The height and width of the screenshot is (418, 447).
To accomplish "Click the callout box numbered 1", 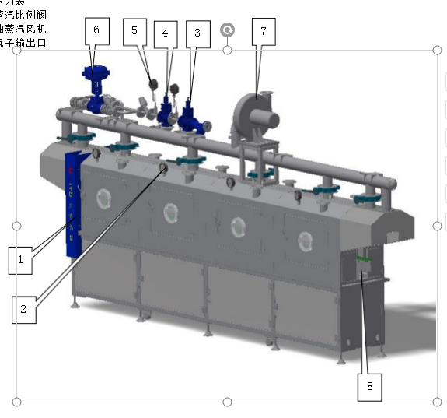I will pos(21,259).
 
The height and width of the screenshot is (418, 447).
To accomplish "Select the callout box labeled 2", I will pos(24,309).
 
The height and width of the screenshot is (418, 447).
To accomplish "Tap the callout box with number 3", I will pos(197,33).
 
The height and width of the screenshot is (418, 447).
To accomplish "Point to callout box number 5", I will pos(134,30).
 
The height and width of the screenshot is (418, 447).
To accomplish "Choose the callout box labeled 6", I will pos(96,30).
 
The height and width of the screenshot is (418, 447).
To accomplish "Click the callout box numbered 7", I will pos(264,30).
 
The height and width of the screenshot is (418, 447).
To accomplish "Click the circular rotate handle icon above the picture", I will pos(227,30).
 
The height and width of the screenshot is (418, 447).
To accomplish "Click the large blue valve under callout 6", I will pos(95,86).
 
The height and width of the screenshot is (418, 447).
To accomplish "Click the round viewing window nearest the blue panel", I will pos(103,199).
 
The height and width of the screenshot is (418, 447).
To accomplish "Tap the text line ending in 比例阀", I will pos(23,16).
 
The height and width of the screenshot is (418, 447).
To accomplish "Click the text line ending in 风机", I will pos(23,29).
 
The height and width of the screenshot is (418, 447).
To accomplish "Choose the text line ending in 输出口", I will pos(23,42).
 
